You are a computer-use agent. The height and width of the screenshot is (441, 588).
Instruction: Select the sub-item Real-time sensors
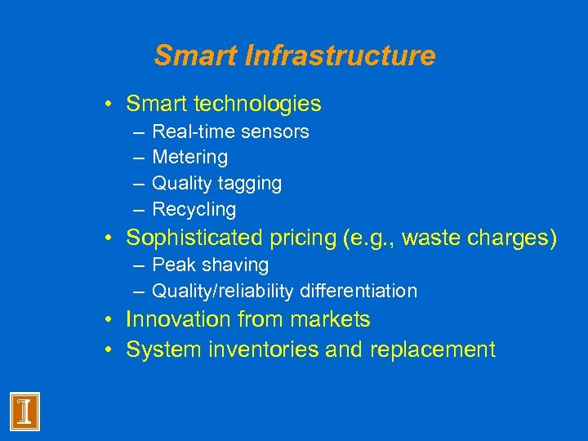230,131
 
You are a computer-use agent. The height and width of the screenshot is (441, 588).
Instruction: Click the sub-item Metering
190,157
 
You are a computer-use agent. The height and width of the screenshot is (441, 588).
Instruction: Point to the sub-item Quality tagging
216,183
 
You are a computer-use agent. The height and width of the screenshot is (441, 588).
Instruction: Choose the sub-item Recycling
194,210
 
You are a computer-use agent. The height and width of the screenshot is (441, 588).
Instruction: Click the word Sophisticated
193,238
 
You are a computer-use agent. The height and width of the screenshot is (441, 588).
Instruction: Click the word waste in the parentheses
430,238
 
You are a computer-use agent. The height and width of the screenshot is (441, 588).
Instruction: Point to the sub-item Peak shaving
211,265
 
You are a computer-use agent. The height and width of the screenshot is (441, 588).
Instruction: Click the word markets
330,320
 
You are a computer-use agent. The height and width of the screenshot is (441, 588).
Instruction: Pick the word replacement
433,350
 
